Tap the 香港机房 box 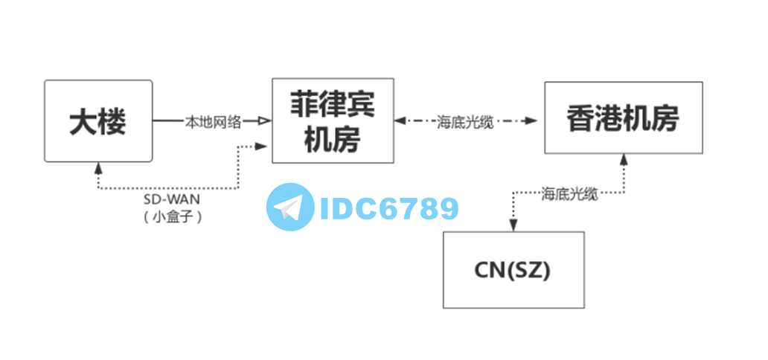[x=623, y=118]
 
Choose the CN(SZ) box [x=513, y=270]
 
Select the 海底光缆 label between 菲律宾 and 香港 [x=465, y=121]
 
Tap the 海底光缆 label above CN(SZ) [x=569, y=193]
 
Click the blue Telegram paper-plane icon [x=289, y=206]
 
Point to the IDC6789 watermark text [x=388, y=208]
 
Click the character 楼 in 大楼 [x=112, y=121]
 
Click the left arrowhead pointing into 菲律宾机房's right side [x=400, y=120]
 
